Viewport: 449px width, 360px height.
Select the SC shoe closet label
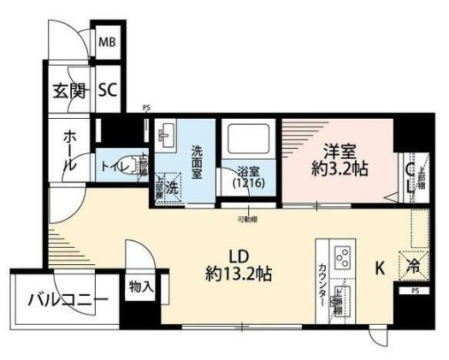point(107,89)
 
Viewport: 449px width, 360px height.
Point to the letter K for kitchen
point(380,268)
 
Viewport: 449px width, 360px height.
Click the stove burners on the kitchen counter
point(342,257)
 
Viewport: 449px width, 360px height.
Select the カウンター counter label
point(322,280)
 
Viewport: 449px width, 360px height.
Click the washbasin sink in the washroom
point(167,133)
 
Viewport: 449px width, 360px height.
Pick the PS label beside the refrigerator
point(416,291)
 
